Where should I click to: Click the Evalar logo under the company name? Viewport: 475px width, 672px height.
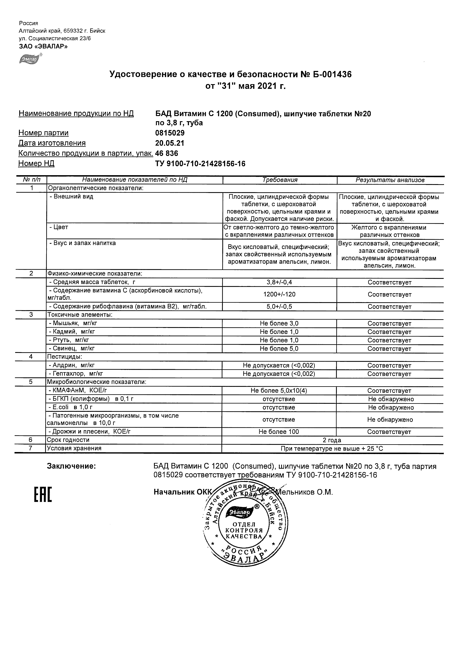point(30,59)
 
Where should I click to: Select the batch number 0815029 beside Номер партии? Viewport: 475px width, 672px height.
point(170,133)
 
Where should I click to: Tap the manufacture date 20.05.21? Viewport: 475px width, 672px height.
point(169,143)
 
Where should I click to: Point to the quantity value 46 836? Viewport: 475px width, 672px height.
point(167,153)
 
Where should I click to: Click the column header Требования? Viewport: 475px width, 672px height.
point(280,180)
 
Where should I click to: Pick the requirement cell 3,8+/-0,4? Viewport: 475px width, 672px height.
point(279,282)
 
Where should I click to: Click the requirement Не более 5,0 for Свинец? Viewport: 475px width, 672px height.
point(279,348)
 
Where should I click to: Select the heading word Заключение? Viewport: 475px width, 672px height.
point(72,466)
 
